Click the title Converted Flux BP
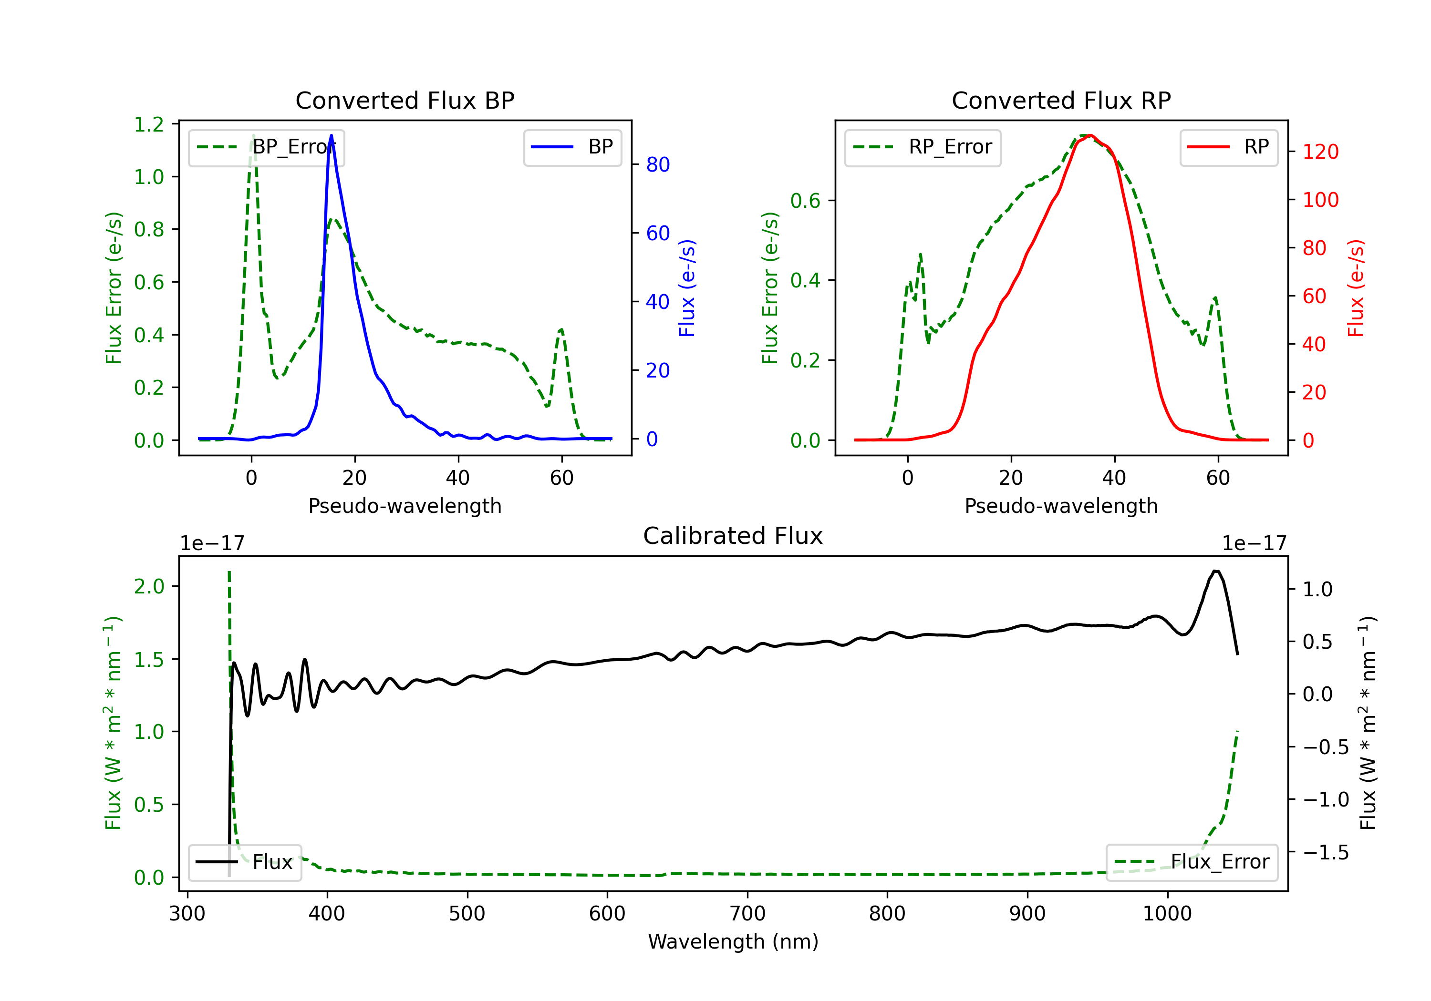404,100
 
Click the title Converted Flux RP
1061,100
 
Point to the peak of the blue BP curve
331,135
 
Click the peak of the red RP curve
1089,135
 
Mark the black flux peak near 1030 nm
1215,571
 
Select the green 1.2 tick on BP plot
149,124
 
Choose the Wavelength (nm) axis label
733,942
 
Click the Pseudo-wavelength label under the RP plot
1061,506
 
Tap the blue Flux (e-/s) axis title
687,288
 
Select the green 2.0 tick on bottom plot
149,586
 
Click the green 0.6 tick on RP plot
805,201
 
